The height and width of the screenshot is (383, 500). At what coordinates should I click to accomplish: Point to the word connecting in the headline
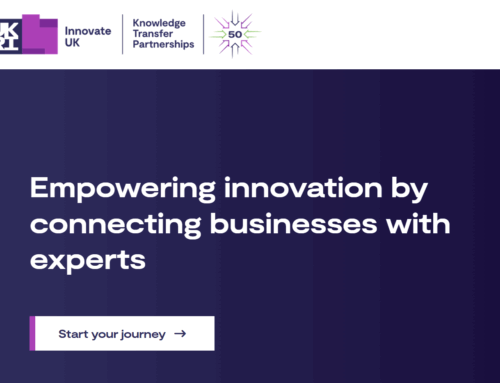point(109,225)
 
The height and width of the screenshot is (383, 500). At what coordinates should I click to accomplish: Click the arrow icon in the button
point(180,334)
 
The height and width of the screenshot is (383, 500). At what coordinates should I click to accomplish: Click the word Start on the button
point(74,334)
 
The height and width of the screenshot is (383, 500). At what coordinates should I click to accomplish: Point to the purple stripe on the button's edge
point(32,334)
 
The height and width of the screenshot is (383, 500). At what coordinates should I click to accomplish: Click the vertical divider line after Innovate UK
point(123,32)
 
